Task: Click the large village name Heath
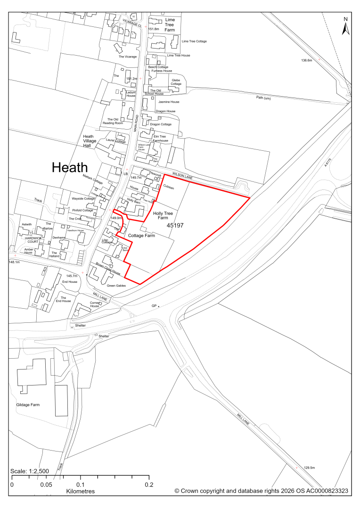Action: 70,167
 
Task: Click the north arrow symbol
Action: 345,27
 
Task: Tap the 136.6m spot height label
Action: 307,60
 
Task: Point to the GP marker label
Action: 154,306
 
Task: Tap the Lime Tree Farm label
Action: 170,25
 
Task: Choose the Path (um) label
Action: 263,98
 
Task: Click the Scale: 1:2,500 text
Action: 29,471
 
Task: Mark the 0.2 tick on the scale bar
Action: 149,484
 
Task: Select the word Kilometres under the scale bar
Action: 81,491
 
